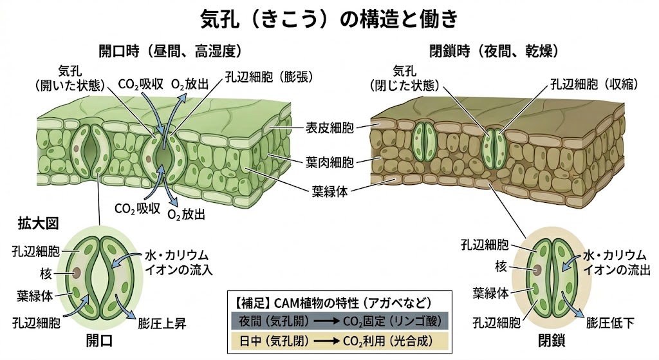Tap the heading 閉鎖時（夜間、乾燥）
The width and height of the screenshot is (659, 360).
(x=494, y=50)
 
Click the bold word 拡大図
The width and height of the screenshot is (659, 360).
(x=38, y=223)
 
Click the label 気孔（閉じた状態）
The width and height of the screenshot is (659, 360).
(x=407, y=78)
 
